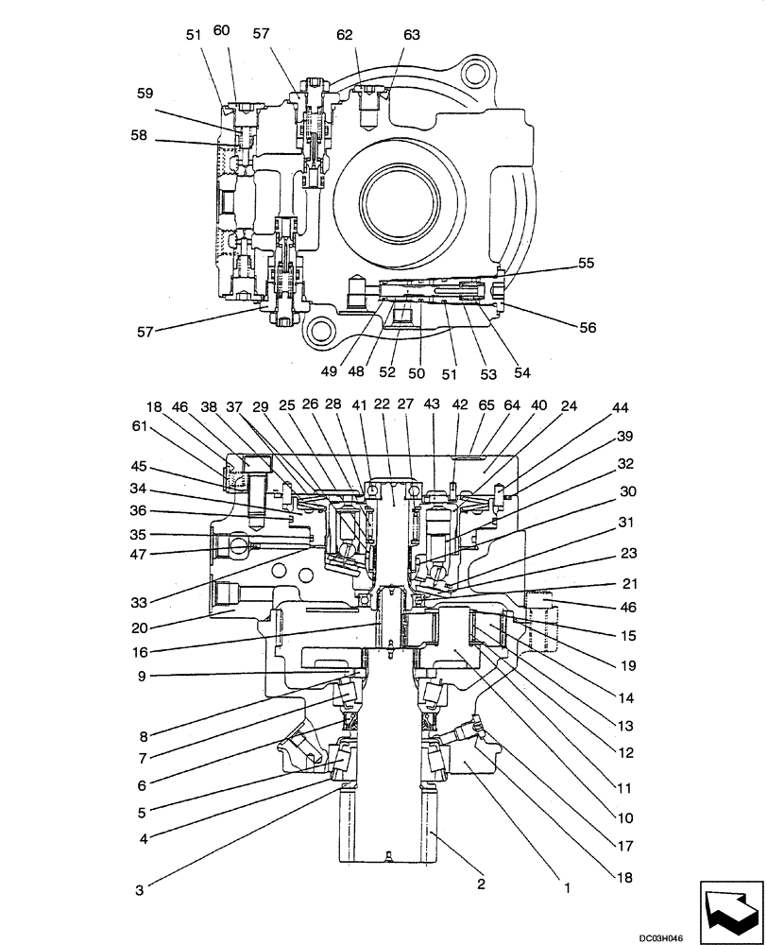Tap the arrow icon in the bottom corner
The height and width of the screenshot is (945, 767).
pyautogui.click(x=729, y=907)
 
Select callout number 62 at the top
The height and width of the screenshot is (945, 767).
pyautogui.click(x=345, y=34)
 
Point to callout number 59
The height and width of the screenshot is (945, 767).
pyautogui.click(x=144, y=94)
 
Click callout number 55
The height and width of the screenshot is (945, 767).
pyautogui.click(x=587, y=264)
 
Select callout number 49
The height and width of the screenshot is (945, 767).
pyautogui.click(x=328, y=371)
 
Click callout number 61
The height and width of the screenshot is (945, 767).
pyautogui.click(x=140, y=427)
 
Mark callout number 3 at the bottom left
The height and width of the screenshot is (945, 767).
pyautogui.click(x=140, y=888)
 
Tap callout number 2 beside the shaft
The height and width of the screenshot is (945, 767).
pyautogui.click(x=481, y=885)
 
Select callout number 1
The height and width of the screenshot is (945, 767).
pyautogui.click(x=567, y=887)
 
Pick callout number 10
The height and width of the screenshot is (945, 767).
pyautogui.click(x=625, y=817)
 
